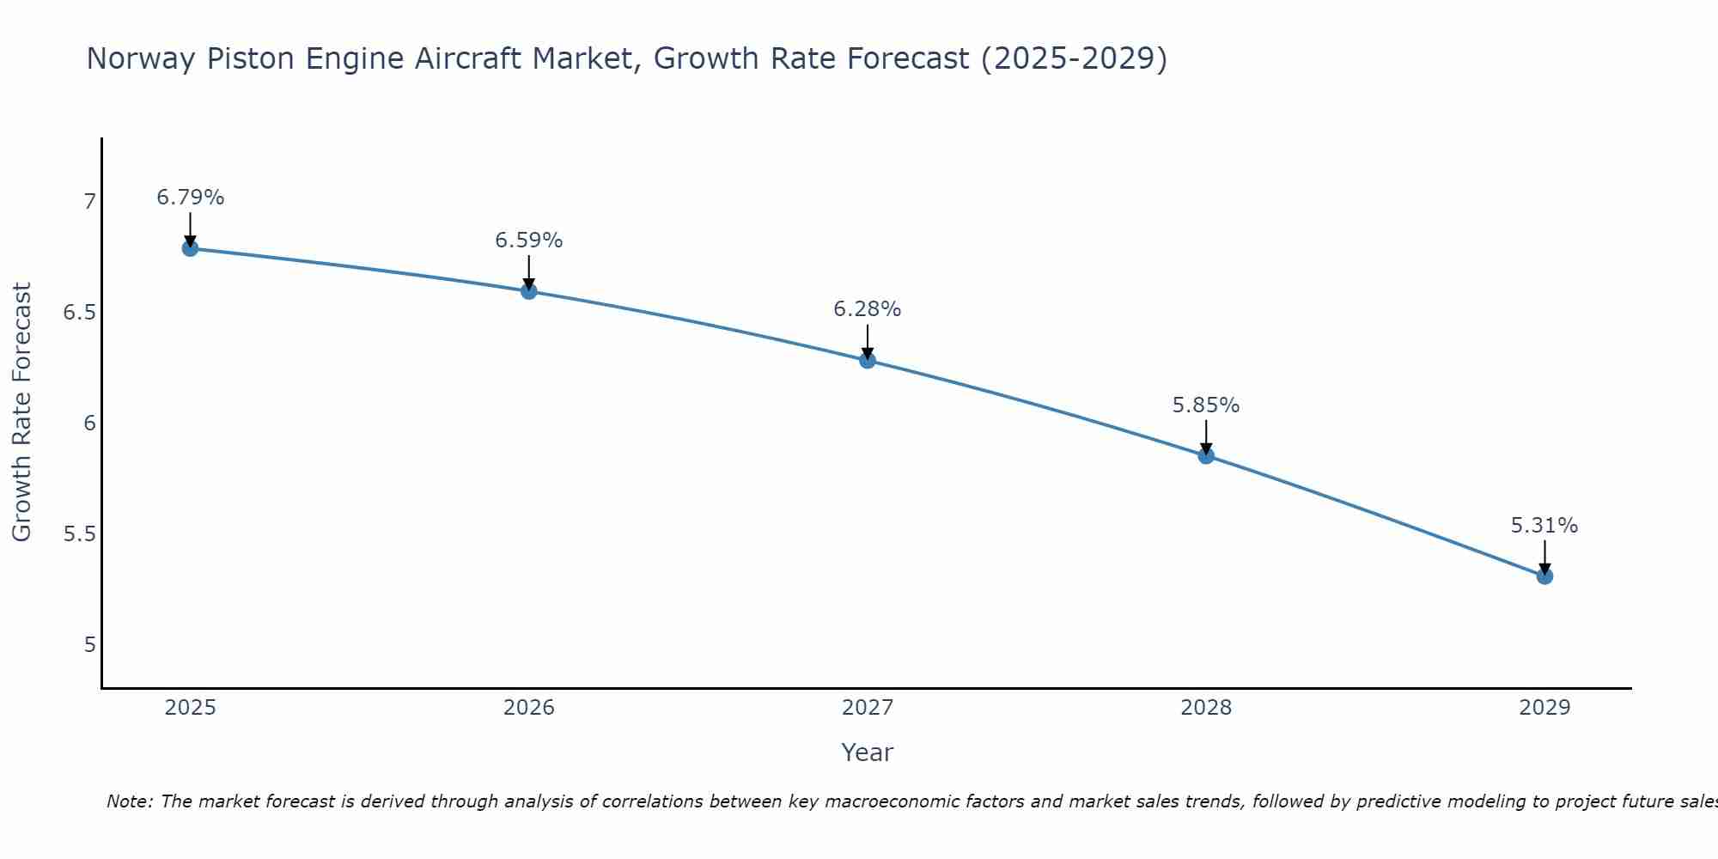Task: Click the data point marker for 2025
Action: tap(190, 248)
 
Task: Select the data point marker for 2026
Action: tap(528, 291)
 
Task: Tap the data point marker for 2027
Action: tap(868, 360)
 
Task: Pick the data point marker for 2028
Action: tap(1206, 455)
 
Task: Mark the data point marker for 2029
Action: tap(1544, 576)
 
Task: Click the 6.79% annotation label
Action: tap(190, 198)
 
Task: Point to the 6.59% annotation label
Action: tap(528, 241)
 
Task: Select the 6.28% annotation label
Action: tap(868, 309)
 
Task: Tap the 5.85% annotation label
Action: tap(1206, 405)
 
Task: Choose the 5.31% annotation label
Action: tap(1544, 526)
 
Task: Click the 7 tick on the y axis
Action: tap(89, 202)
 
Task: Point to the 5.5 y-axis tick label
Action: tap(80, 534)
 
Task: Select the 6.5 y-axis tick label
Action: tap(80, 313)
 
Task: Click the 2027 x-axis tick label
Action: tap(868, 708)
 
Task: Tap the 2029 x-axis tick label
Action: tap(1544, 708)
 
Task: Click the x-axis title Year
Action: tap(868, 752)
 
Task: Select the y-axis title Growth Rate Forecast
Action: tap(22, 412)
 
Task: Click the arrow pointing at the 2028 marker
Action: tap(1206, 436)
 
